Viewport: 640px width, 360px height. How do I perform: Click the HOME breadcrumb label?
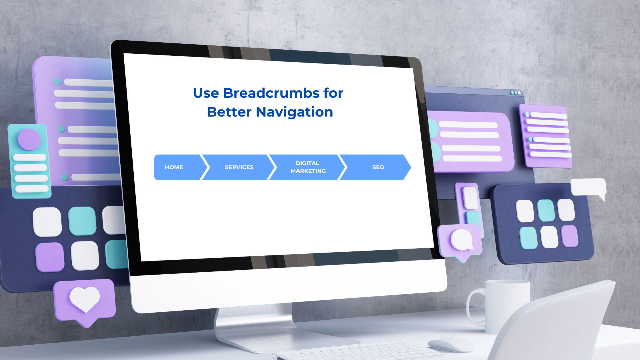(174, 167)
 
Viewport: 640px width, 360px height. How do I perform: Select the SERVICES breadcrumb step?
(239, 167)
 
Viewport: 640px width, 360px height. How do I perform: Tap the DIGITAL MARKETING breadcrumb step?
(308, 167)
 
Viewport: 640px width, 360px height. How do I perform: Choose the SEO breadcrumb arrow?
(378, 167)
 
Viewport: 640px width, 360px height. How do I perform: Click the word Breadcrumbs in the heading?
(271, 93)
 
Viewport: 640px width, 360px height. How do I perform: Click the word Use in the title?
(206, 93)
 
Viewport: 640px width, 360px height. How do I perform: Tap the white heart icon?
(85, 299)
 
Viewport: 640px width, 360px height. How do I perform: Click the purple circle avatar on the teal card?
(29, 139)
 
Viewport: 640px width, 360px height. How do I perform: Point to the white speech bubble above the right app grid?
(589, 187)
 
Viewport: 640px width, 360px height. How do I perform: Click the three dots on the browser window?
(515, 93)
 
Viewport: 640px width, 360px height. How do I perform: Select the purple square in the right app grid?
(569, 236)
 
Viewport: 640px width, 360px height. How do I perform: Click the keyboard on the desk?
(357, 351)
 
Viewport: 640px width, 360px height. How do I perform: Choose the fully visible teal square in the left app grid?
(82, 221)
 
